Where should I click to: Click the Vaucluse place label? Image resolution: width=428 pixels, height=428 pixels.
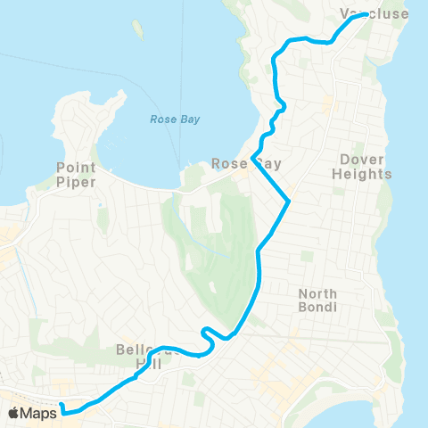point(374,13)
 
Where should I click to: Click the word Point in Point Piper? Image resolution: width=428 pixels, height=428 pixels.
point(75,167)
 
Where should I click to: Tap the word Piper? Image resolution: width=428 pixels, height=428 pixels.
point(75,180)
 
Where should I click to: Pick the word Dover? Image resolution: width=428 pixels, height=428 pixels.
point(361,160)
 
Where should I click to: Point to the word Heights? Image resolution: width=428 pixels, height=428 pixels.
point(361,175)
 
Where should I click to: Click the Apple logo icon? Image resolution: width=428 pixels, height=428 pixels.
point(15,412)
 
